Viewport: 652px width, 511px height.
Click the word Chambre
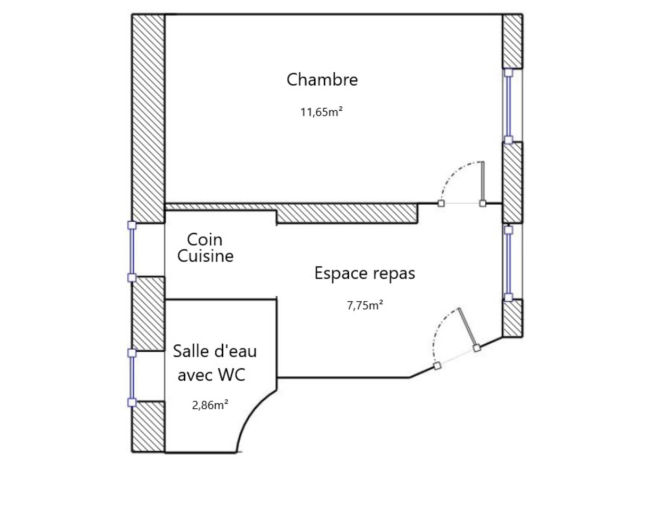[322, 79]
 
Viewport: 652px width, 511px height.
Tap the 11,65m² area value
[322, 112]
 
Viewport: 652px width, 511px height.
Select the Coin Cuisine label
[205, 248]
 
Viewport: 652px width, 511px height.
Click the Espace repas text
[365, 273]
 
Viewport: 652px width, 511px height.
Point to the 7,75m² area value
[365, 306]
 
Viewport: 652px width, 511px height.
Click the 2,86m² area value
[210, 405]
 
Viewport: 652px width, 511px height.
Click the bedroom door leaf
[482, 183]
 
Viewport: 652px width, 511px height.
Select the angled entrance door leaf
[467, 328]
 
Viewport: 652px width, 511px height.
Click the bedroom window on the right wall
[508, 106]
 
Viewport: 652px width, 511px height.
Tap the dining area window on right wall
[508, 264]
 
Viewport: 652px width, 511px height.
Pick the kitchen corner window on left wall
[132, 251]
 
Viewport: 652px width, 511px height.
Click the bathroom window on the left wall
[132, 377]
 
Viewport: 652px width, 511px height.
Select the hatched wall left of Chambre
[148, 119]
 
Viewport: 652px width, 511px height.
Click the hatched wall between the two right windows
[513, 183]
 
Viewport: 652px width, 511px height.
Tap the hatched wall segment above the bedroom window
[513, 41]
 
